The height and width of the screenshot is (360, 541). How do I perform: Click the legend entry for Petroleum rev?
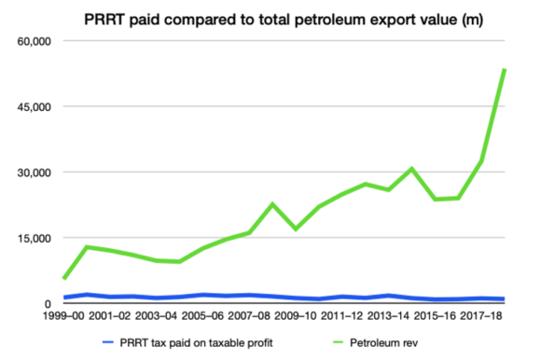(x=384, y=342)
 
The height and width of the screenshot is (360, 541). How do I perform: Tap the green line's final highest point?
(x=505, y=70)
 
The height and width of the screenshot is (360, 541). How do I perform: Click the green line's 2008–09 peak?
(x=272, y=204)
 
